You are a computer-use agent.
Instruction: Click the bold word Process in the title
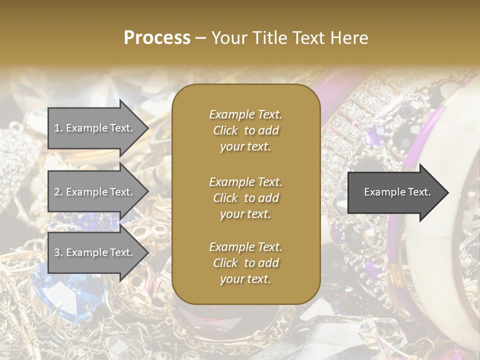(157, 38)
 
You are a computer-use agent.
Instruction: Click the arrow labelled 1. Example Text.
(95, 128)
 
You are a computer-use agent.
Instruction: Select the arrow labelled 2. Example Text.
(95, 192)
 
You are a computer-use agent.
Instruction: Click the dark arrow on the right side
(395, 192)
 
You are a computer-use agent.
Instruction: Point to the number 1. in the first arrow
(58, 128)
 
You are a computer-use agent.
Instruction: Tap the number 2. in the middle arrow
(58, 192)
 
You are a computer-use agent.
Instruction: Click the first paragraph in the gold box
(245, 130)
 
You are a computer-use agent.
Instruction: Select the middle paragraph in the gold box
(245, 198)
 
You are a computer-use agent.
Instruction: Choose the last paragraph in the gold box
(245, 263)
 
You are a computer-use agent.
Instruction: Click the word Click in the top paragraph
(225, 131)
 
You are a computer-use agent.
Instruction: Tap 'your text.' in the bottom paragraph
(245, 279)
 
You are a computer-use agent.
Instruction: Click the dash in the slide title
(201, 38)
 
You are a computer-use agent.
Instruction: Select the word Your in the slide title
(227, 38)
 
